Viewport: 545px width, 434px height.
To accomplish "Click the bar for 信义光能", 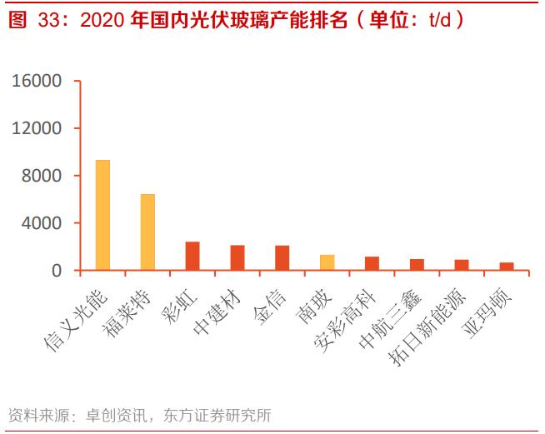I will coord(102,215).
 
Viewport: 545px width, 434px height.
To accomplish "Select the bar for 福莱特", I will coord(147,232).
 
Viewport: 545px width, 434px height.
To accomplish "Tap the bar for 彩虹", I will coord(192,256).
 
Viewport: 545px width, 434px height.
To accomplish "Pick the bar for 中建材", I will coord(237,257).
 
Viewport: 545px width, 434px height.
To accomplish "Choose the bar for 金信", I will coord(282,257).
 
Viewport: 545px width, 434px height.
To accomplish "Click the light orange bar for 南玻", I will coord(327,262).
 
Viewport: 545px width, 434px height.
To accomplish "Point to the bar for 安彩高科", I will coord(372,263).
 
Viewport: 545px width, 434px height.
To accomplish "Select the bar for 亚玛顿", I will coord(507,267).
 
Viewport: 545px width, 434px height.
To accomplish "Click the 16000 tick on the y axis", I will coord(36,82).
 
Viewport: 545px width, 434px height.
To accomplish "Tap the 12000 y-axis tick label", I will coord(36,129).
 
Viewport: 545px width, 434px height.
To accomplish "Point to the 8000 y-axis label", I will coord(41,176).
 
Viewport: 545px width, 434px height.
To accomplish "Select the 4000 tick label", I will coord(41,223).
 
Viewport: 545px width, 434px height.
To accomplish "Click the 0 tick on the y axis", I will coord(56,271).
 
